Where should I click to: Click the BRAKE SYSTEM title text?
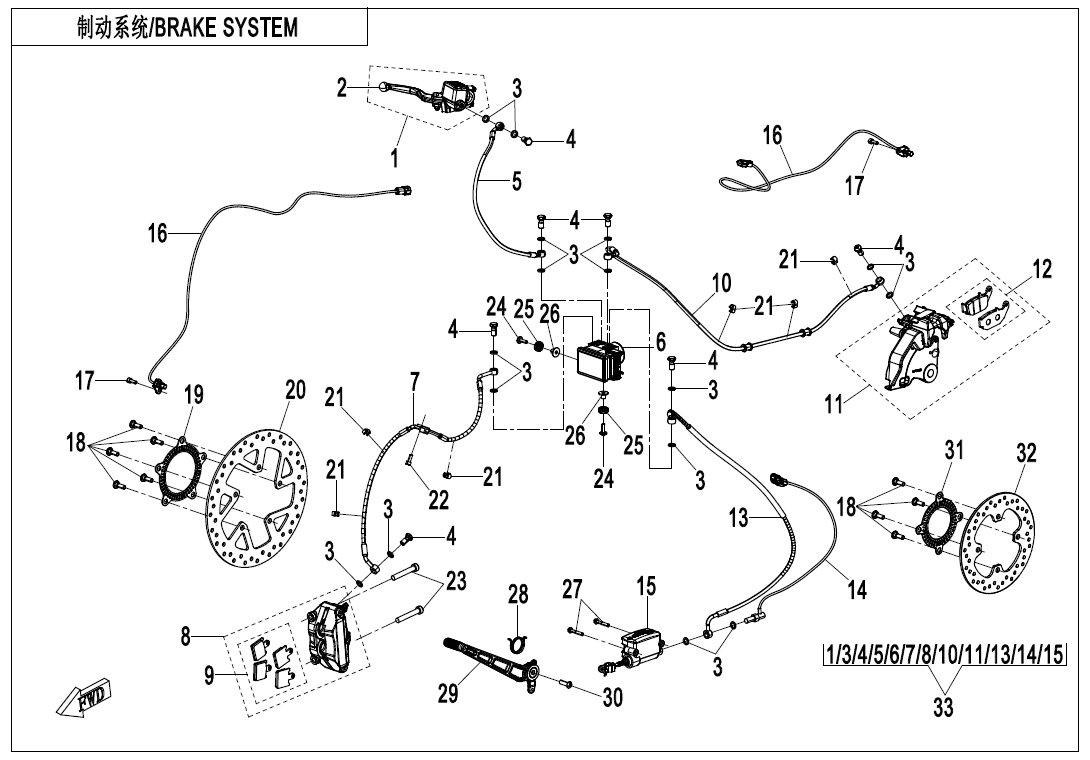click(187, 27)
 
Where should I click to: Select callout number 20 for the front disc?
click(294, 390)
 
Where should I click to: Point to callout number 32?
click(1026, 453)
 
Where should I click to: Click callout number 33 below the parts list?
click(943, 708)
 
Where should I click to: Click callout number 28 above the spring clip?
click(517, 595)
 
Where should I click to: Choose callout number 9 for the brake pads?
click(209, 676)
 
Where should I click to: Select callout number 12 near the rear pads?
click(1042, 269)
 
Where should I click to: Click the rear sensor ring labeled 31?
click(940, 519)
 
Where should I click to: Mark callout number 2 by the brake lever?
click(342, 88)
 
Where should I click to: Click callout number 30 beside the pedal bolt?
click(612, 697)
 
